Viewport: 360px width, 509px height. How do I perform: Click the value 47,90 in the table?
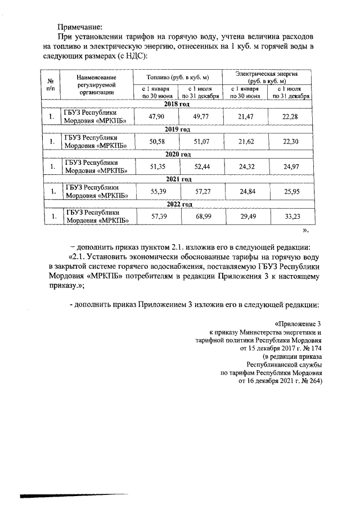(155, 116)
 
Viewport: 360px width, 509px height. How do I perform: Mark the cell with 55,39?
(155, 192)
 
